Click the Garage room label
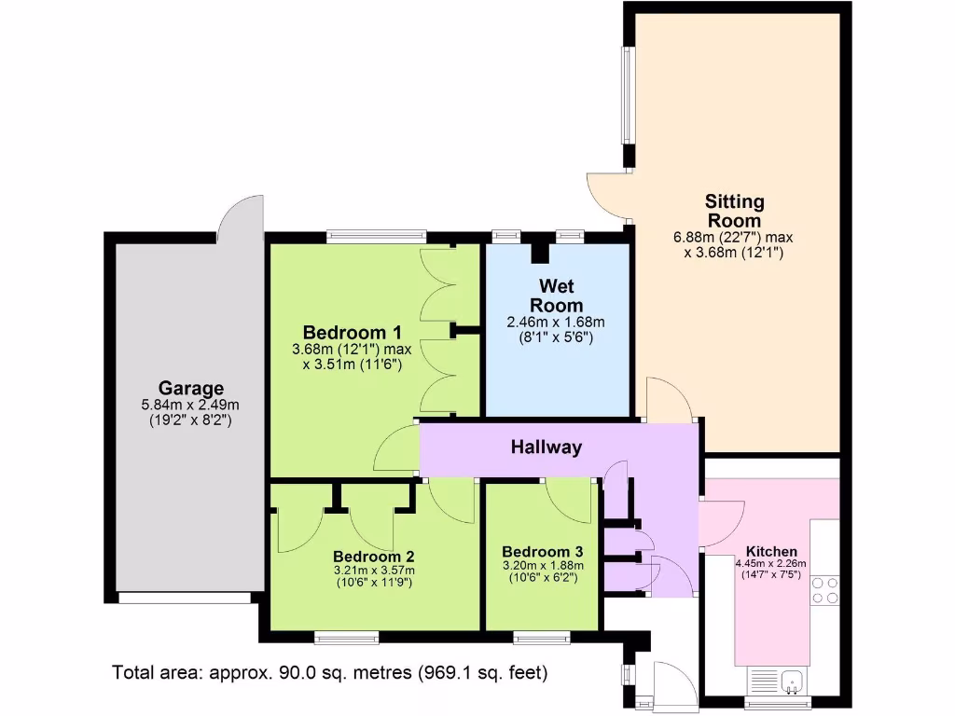[x=190, y=388]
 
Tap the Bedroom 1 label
[x=353, y=333]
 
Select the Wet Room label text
[x=556, y=294]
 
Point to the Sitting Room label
[x=734, y=211]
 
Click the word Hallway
[x=547, y=447]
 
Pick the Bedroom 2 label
[x=374, y=556]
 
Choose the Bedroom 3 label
[x=542, y=551]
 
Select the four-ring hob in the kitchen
[x=824, y=591]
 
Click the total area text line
[x=329, y=672]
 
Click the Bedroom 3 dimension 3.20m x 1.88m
[x=542, y=565]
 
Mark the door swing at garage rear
[x=240, y=216]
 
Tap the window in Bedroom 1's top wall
[x=376, y=236]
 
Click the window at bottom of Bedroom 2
[x=347, y=638]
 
